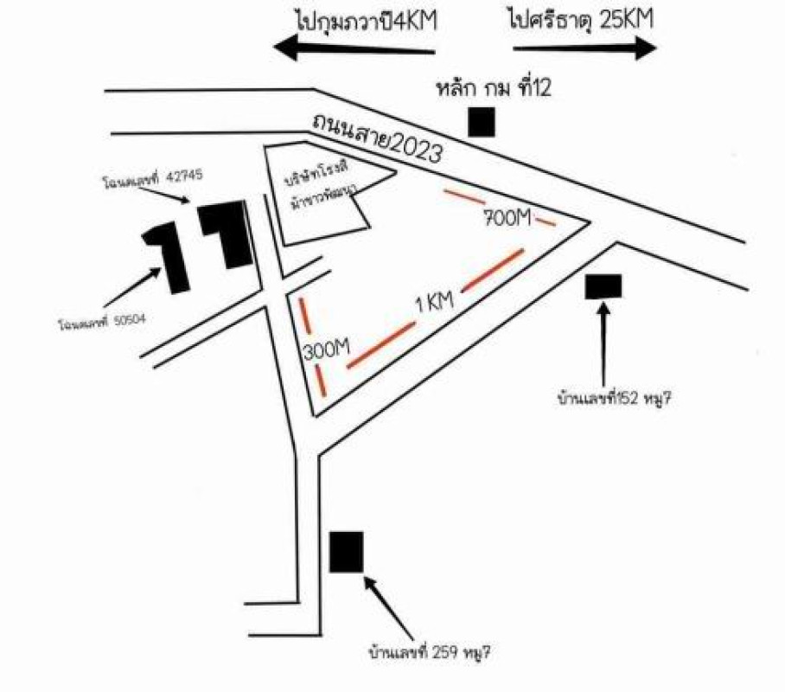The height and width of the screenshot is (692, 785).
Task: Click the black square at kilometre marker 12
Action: (482, 122)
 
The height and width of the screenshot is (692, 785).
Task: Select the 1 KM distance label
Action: (435, 304)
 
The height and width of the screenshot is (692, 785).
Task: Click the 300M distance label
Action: (325, 350)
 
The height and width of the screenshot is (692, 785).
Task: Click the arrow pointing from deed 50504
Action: (131, 286)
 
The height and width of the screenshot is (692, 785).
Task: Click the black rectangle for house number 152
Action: (603, 286)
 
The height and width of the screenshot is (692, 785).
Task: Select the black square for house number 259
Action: (347, 552)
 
